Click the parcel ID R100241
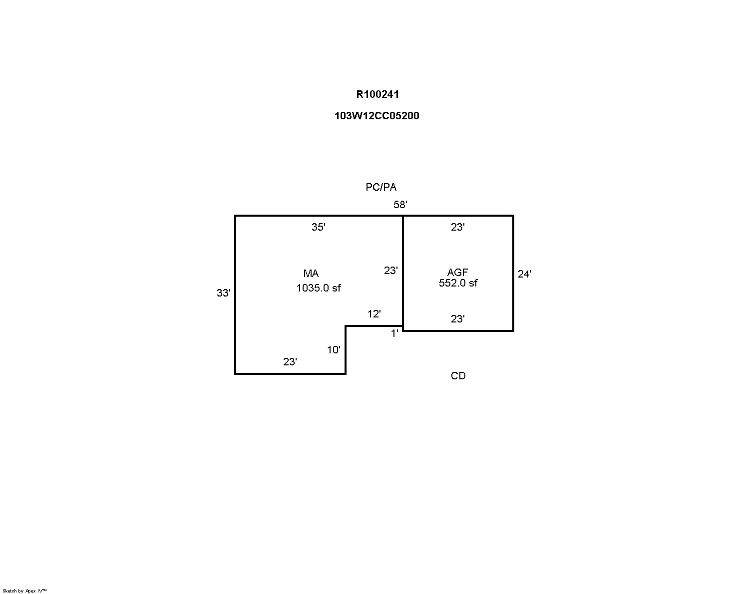[377, 94]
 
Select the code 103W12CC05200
[376, 116]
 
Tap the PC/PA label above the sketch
[381, 187]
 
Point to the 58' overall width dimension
[400, 205]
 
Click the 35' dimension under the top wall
[319, 227]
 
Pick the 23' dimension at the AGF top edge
[457, 227]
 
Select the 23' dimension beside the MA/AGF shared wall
[391, 271]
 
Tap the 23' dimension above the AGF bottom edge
[457, 319]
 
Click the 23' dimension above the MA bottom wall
[290, 362]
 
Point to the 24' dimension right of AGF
[524, 274]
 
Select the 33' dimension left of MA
[223, 293]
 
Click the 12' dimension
[374, 314]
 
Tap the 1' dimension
[394, 333]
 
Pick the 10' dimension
[334, 350]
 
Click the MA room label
[311, 274]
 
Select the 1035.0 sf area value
[319, 288]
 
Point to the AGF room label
[457, 273]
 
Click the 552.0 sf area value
[458, 283]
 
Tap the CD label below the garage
[458, 376]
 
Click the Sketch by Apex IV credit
[24, 591]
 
